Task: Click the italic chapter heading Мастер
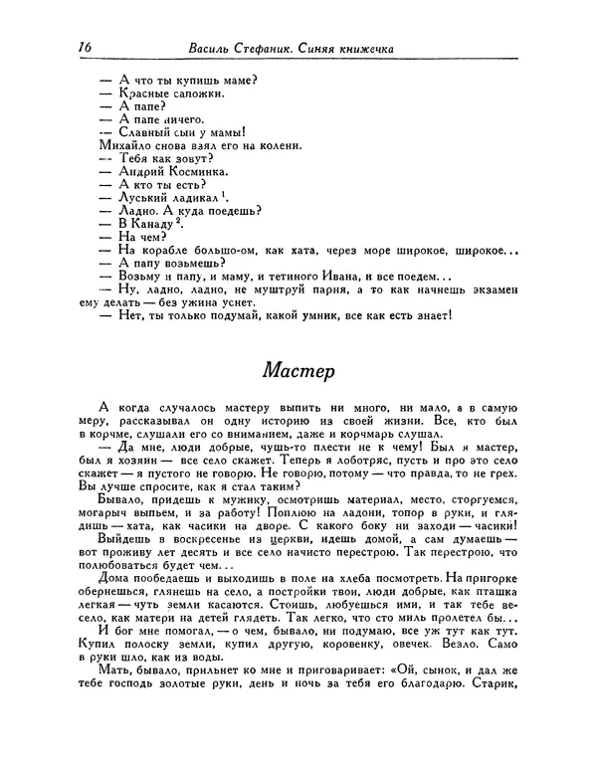click(298, 370)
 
